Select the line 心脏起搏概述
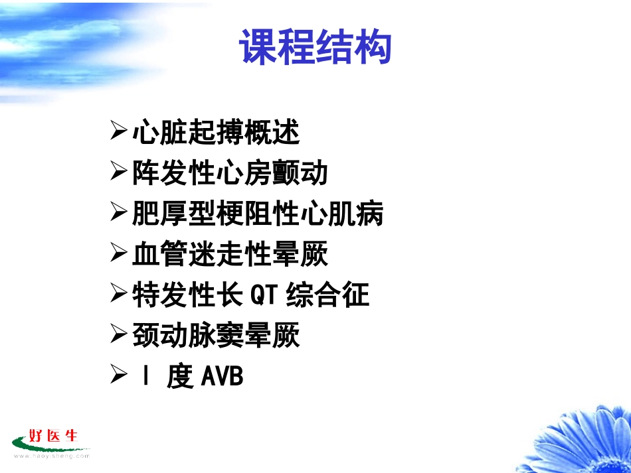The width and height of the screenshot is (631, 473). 216,133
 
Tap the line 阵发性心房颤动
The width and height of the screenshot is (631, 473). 230,173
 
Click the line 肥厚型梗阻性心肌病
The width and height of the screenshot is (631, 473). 258,214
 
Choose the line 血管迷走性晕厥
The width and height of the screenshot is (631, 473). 230,255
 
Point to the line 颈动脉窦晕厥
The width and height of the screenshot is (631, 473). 216,336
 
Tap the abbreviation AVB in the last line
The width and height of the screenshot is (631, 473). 222,377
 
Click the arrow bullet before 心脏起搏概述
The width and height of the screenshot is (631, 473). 118,131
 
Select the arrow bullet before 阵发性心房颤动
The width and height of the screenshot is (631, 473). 118,172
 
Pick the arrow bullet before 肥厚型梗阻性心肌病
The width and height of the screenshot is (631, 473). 118,213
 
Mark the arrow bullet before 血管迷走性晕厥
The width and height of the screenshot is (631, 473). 118,253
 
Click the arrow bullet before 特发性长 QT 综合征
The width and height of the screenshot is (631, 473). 118,295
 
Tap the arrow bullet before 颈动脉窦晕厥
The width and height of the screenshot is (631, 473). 118,335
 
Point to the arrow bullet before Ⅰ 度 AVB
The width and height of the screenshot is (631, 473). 118,375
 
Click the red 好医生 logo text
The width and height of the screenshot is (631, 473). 54,437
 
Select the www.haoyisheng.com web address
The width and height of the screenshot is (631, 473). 52,456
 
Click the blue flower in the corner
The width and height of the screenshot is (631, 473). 578,438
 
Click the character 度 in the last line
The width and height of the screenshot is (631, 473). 179,377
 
